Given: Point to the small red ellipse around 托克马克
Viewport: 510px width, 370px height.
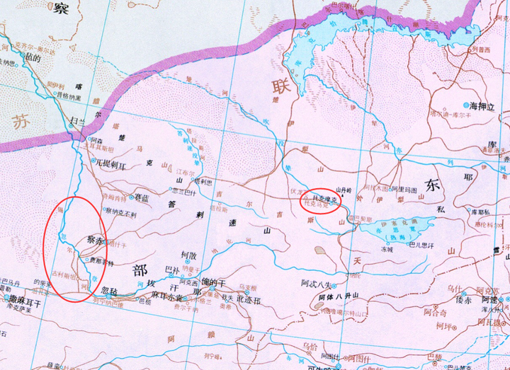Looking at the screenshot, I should [x=322, y=204].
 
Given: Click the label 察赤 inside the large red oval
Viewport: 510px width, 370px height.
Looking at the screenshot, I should [x=94, y=241].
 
